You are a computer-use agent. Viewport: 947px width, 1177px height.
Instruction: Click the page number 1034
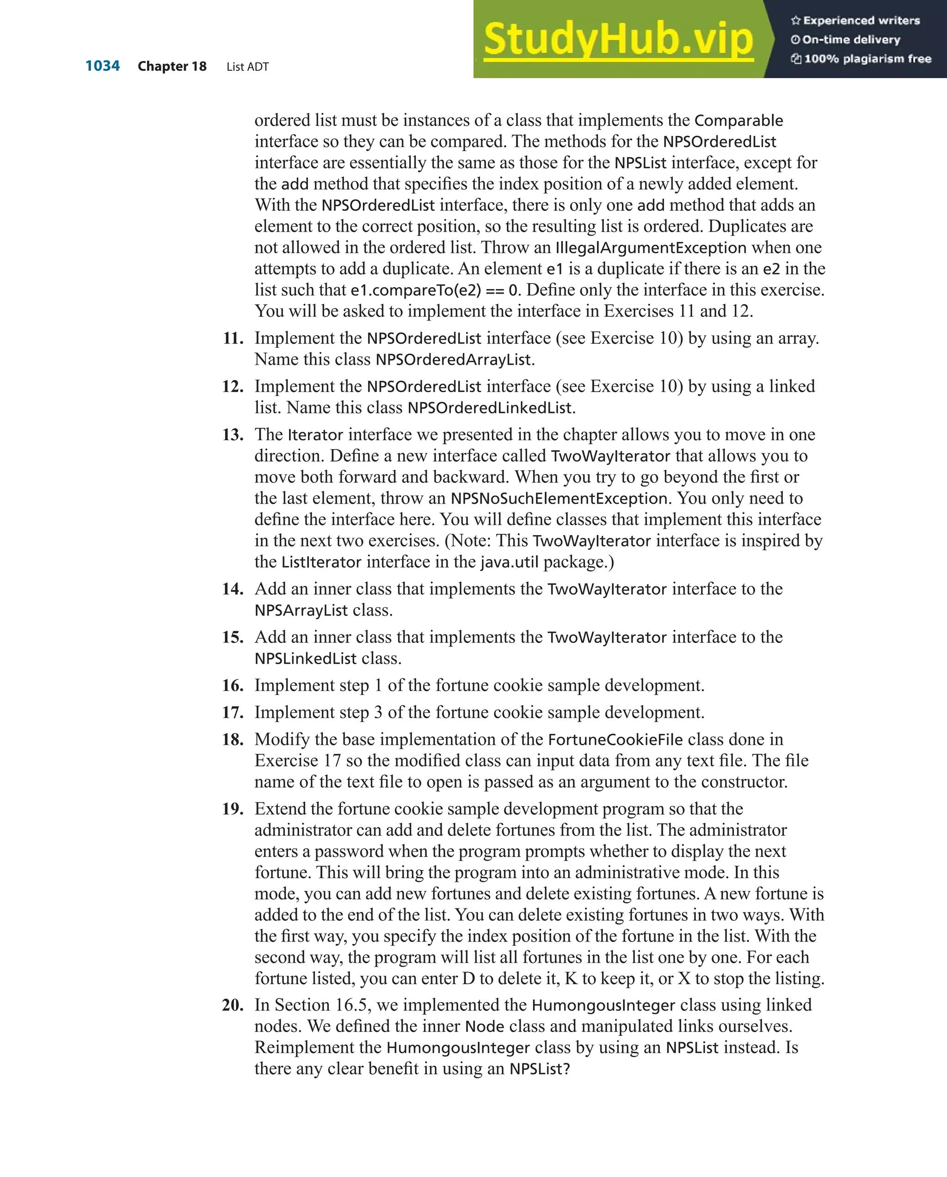pos(103,66)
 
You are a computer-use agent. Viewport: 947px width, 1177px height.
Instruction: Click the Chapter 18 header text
pos(172,67)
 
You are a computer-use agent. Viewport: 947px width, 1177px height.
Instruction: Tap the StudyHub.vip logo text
pos(618,39)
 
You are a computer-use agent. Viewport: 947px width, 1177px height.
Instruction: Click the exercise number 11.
pos(233,338)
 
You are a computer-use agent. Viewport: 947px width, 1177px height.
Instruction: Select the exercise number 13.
pos(233,435)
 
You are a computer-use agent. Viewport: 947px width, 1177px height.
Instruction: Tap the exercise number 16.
pos(233,685)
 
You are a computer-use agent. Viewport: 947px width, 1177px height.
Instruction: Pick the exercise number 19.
pos(233,808)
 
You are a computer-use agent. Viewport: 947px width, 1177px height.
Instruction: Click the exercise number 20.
pos(233,1005)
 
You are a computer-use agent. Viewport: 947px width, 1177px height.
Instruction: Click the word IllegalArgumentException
pos(651,248)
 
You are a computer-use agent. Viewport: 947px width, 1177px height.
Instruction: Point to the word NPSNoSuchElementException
pos(559,499)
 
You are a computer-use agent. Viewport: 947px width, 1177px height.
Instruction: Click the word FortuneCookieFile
pos(615,739)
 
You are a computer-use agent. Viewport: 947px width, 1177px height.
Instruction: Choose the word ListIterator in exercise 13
pos(321,562)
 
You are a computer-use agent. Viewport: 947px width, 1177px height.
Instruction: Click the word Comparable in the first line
pos(738,121)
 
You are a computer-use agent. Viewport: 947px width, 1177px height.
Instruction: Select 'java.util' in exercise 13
pos(509,562)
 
